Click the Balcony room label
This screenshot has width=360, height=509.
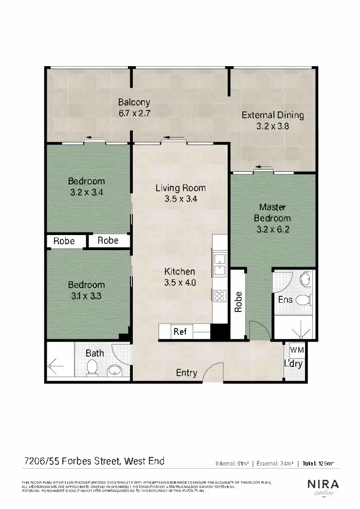(x=134, y=103)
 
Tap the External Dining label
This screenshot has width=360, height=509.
(x=272, y=115)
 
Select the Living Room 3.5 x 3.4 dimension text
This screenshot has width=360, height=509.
(x=180, y=199)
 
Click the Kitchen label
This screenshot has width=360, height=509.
(x=180, y=272)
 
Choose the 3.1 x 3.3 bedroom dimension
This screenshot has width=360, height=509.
(x=86, y=295)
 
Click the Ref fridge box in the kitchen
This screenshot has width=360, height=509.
(x=180, y=332)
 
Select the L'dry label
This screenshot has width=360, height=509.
(x=293, y=364)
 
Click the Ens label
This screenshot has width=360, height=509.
(x=285, y=300)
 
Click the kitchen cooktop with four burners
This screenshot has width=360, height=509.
(x=220, y=295)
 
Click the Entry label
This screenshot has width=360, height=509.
(x=186, y=373)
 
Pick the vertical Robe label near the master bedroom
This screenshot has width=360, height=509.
(x=238, y=302)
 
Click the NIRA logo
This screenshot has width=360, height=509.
(x=323, y=485)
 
